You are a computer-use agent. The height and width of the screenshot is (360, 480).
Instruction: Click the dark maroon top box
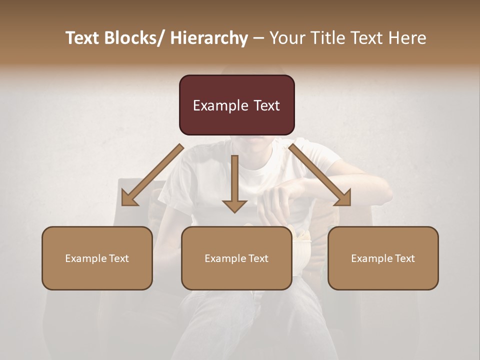pyautogui.click(x=236, y=105)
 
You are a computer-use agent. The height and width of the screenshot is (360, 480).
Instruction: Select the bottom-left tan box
pyautogui.click(x=97, y=258)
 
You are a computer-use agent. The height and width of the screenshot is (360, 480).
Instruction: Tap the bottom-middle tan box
pyautogui.click(x=236, y=258)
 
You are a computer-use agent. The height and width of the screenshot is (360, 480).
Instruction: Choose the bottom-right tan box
pyautogui.click(x=383, y=258)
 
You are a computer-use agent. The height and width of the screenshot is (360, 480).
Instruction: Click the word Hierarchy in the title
pyautogui.click(x=209, y=38)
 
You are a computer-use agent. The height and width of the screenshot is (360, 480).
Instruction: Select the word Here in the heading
pyautogui.click(x=408, y=38)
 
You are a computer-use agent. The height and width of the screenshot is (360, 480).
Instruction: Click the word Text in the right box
pyautogui.click(x=404, y=258)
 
